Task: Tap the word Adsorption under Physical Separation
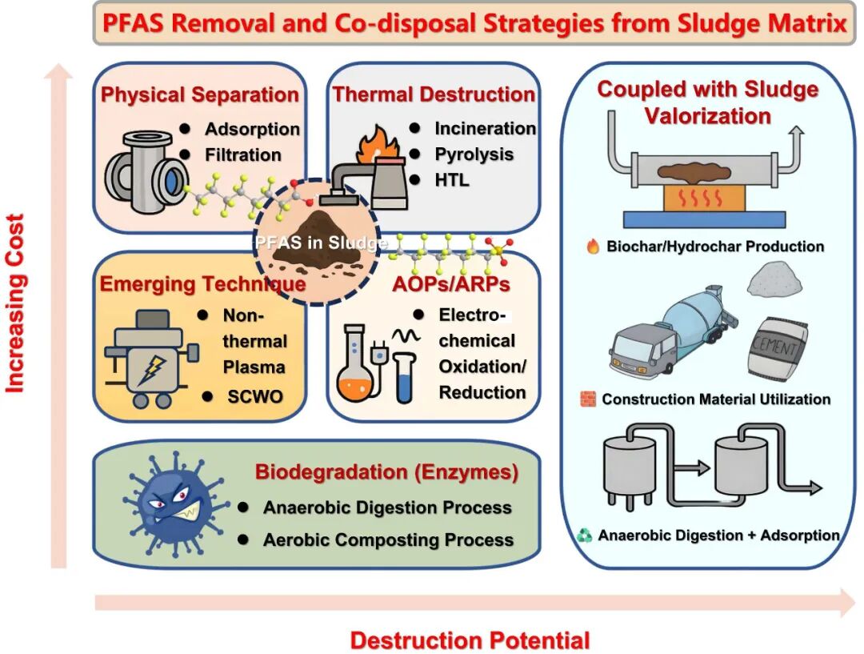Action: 252,129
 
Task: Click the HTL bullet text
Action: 452,179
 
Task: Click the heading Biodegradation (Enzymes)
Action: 386,472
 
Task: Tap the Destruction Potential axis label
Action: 470,640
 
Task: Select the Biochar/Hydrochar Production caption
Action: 714,247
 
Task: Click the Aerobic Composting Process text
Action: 388,540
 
